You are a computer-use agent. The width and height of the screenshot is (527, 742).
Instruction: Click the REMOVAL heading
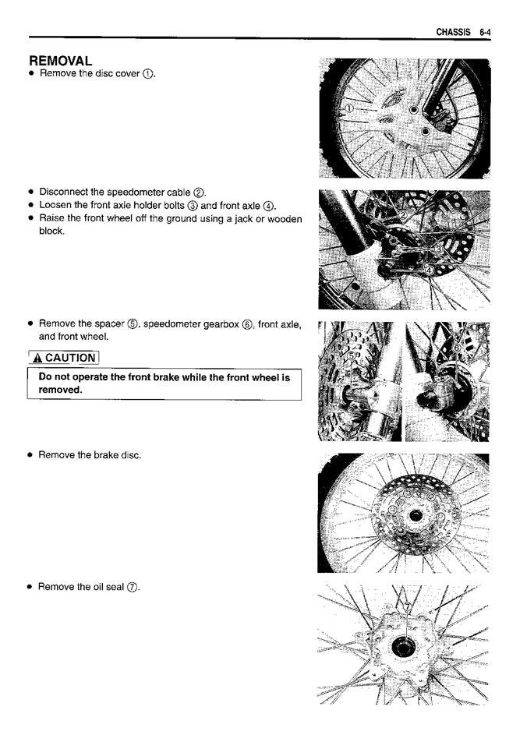click(61, 60)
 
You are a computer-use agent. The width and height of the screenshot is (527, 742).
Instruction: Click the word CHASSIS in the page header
click(453, 32)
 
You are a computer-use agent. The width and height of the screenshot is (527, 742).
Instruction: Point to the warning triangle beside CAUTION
click(37, 358)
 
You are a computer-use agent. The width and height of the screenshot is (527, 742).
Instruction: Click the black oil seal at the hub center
click(402, 647)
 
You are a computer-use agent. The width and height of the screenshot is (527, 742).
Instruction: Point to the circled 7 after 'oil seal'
click(133, 587)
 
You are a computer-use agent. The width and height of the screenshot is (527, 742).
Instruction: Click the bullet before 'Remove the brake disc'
click(30, 455)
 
